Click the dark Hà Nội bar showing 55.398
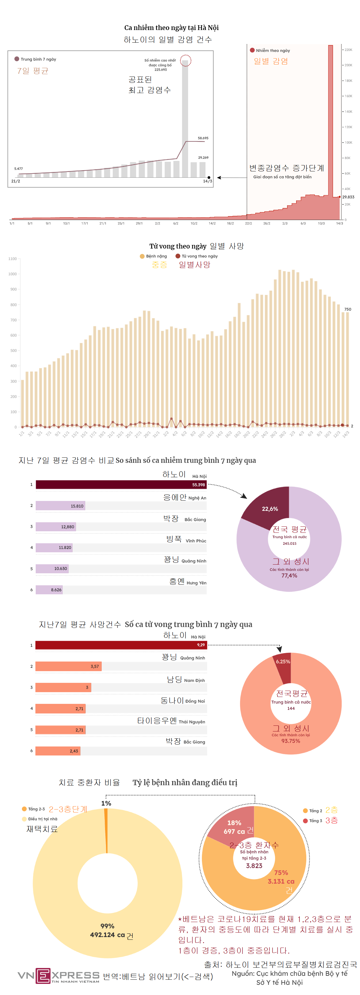121,485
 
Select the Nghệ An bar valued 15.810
60,506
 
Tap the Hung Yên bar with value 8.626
49,590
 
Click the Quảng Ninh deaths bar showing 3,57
68,666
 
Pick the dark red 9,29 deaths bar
121,645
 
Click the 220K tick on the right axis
348,50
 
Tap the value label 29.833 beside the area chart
348,197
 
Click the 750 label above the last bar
348,309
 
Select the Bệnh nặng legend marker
142,256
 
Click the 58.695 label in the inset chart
203,138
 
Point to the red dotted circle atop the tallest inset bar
185,61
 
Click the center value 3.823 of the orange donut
254,866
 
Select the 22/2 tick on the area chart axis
248,223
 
